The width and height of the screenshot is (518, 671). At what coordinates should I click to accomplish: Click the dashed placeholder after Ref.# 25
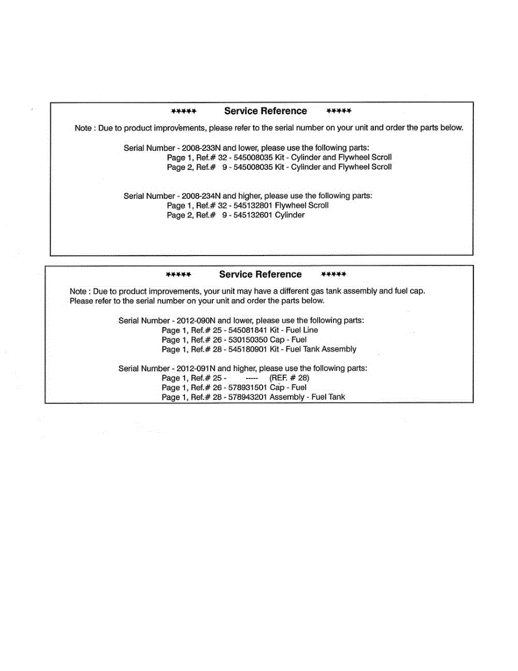point(251,378)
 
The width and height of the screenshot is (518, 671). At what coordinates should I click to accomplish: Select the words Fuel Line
point(302,330)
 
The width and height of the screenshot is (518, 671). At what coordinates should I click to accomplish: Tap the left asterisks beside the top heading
point(184,111)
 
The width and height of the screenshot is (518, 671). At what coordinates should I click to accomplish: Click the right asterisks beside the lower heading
point(334,275)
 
